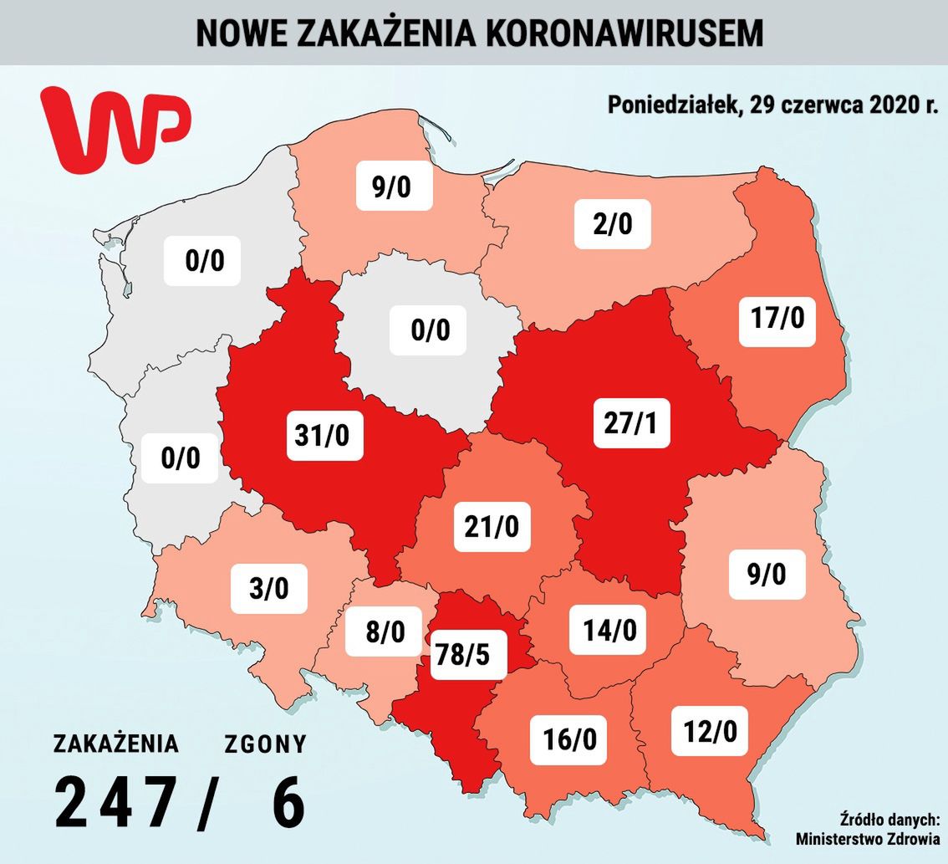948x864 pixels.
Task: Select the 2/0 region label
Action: (613, 223)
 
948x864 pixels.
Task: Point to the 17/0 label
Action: (777, 317)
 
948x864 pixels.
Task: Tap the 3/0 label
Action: (268, 588)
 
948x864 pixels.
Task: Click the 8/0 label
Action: (385, 631)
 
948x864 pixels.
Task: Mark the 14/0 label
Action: (608, 629)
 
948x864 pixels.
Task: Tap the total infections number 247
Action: (117, 801)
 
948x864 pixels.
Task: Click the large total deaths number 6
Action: (288, 801)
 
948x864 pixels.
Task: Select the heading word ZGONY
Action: (265, 744)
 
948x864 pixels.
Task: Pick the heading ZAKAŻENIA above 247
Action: (115, 744)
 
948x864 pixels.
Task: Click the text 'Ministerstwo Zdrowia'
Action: (867, 839)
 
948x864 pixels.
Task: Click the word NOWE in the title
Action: (237, 33)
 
